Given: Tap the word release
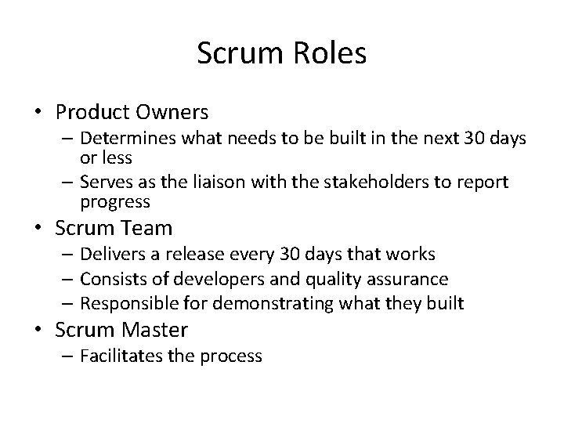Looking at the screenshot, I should [210, 255].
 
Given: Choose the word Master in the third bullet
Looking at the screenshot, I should [160, 330].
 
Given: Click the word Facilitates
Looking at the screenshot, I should [117, 356].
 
